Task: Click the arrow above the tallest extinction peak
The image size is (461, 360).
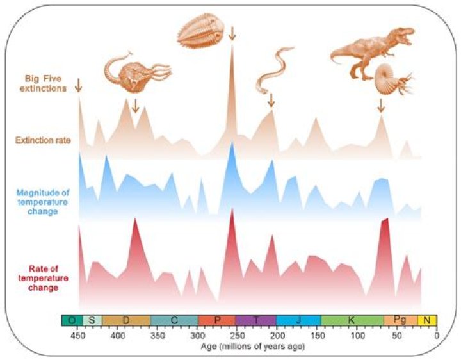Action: (x=232, y=33)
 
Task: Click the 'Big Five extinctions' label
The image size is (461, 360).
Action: (x=45, y=84)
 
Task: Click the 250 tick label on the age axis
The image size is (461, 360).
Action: (x=238, y=334)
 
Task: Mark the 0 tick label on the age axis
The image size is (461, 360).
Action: (x=436, y=334)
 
